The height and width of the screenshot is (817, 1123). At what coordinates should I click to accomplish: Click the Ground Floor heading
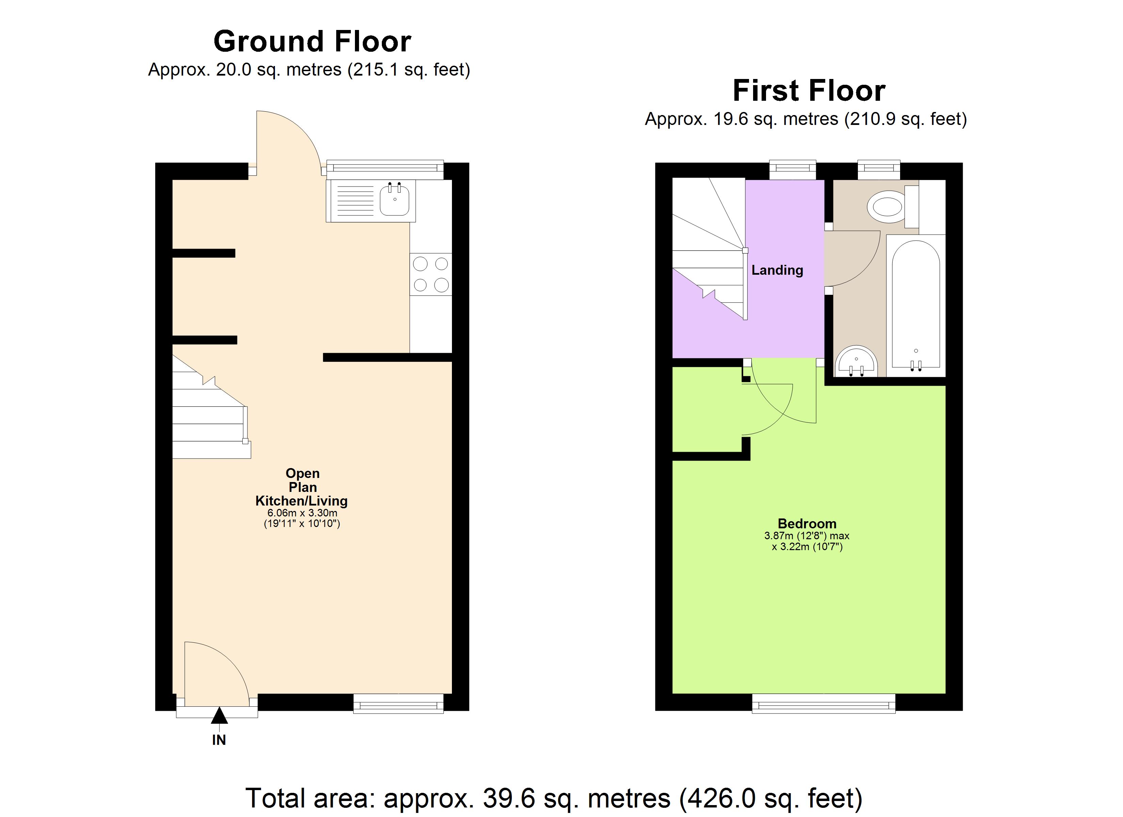point(312,41)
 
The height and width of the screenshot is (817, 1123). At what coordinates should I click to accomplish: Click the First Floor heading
point(808,91)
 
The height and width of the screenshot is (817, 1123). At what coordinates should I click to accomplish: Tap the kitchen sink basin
point(395,200)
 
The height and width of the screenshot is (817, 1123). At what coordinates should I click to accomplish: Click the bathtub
point(915,305)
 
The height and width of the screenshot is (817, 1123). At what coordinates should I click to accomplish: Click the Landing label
point(777,270)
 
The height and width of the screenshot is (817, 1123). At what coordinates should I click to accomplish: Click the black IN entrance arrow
point(219,716)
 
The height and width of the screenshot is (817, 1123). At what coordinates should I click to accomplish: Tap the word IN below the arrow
point(219,740)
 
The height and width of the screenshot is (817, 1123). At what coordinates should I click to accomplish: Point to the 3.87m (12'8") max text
point(807,535)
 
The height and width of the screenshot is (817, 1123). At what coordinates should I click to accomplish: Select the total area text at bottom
point(554,798)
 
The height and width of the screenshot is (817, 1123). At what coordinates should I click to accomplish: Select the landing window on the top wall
point(792,170)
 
